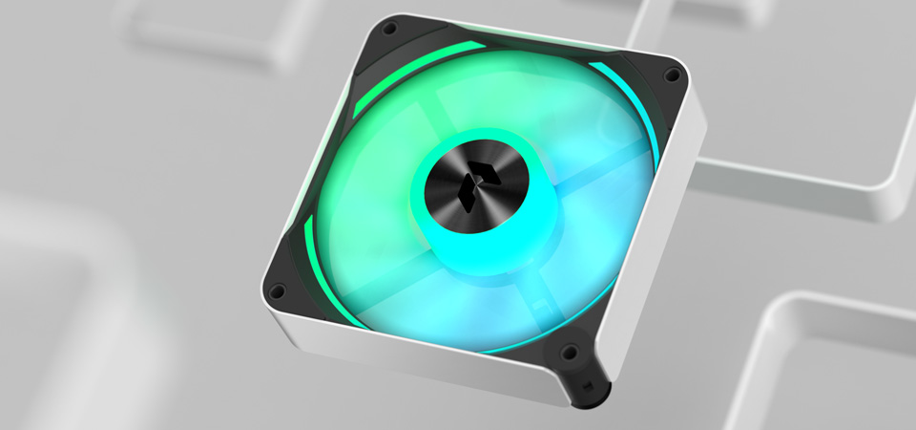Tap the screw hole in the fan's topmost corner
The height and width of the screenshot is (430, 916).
[389, 30]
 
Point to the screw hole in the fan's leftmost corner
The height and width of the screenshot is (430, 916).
[276, 290]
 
